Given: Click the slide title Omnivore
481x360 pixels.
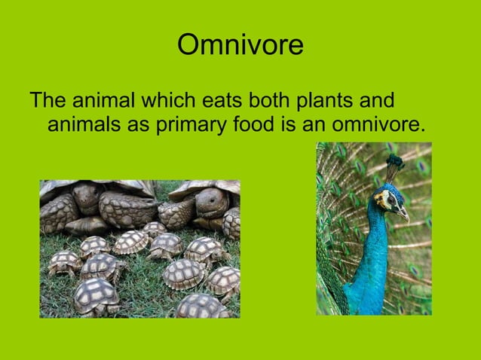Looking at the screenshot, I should tap(240, 46).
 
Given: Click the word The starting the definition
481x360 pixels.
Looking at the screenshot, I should tap(48, 100).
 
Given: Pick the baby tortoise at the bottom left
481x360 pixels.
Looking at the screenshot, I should tap(95, 295).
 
